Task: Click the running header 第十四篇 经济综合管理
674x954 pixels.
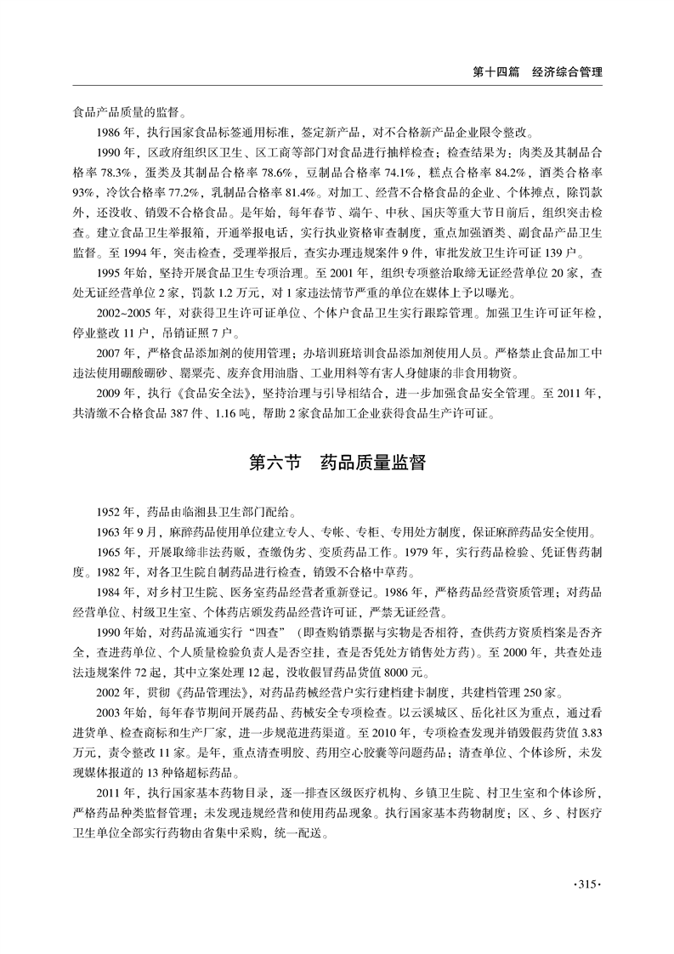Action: (537, 72)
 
